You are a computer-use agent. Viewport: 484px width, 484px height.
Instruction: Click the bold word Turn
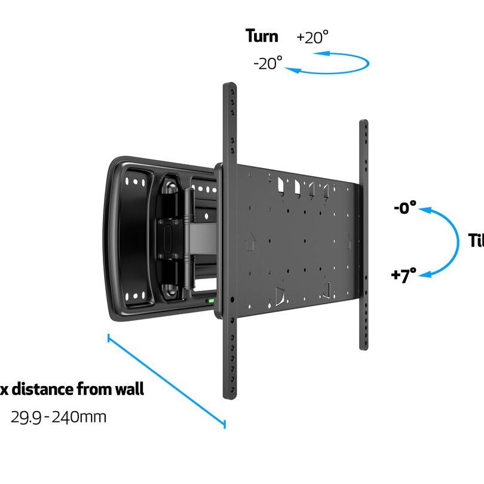coord(262,36)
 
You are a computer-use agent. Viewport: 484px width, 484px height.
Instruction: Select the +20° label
coord(312,37)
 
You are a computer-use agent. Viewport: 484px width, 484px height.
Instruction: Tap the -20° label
coord(267,63)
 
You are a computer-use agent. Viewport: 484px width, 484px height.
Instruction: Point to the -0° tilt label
coord(405,209)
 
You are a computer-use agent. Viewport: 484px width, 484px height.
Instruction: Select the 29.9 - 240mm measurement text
coord(59,416)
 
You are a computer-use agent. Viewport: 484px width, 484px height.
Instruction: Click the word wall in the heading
coord(129,390)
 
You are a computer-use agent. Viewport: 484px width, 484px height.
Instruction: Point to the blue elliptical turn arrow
coord(335,63)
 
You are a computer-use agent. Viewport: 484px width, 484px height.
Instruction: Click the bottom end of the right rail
coord(363,345)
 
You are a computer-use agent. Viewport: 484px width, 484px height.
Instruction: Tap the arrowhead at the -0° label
coord(424,209)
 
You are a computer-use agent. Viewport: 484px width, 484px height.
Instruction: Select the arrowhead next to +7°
coord(423,274)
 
